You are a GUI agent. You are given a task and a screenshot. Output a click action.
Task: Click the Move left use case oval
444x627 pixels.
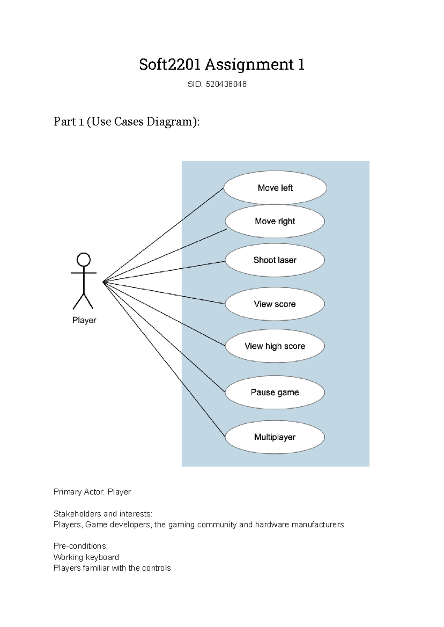coord(275,188)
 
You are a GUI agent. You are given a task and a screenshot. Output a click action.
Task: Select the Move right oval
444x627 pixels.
coord(275,221)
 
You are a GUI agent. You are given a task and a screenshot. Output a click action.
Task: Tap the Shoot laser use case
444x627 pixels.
coord(275,260)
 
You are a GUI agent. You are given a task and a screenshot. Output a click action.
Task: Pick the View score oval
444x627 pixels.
coord(275,304)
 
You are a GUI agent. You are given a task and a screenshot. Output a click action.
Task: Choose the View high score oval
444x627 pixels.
coord(275,346)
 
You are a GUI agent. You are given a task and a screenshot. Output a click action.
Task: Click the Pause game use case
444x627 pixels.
coord(275,392)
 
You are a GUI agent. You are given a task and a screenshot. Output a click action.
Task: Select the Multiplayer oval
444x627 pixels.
coord(275,437)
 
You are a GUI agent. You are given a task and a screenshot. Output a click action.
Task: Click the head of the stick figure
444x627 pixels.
coord(84,259)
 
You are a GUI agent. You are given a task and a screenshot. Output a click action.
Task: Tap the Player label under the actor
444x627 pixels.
coord(84,320)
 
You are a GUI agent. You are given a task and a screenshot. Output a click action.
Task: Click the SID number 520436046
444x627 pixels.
coord(226,84)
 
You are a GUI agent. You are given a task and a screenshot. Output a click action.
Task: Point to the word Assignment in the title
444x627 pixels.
coord(249,64)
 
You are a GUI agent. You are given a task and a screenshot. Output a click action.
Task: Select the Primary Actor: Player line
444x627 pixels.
coord(92,492)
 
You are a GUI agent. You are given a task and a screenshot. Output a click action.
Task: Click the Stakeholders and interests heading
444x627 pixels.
coord(103,514)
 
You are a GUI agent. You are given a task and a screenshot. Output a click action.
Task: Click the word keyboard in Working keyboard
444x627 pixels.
coord(102,557)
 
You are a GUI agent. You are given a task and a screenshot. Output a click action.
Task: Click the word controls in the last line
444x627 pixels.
coord(157,568)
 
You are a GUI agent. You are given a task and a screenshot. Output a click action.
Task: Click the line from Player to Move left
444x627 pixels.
coord(163,235)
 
